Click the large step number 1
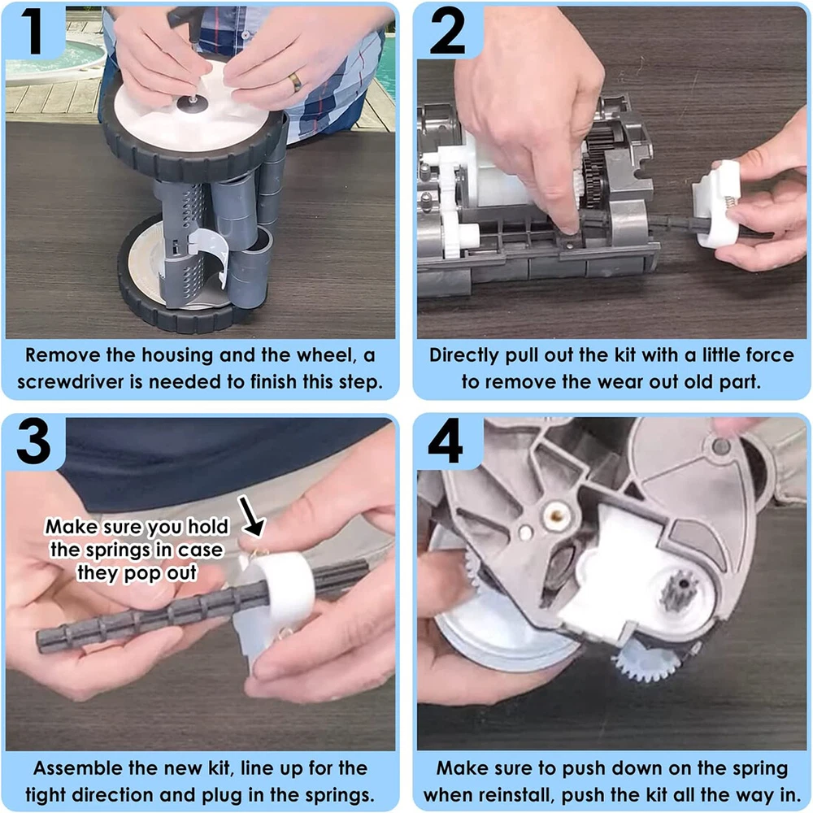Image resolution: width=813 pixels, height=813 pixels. coord(33,32)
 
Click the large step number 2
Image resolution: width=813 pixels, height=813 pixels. coord(447,32)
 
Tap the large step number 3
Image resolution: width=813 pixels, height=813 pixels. coord(34,441)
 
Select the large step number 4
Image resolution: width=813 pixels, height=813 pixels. coord(446,442)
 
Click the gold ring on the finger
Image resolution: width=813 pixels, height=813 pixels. coord(295,82)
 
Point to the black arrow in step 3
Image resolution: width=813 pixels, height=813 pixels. coord(251,516)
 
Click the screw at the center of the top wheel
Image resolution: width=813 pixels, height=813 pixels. coord(193,102)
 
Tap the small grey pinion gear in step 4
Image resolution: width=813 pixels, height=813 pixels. coord(676,590)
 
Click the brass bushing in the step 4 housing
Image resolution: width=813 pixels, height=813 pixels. coord(556,515)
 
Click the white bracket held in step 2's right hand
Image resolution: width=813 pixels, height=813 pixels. coord(716,204)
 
